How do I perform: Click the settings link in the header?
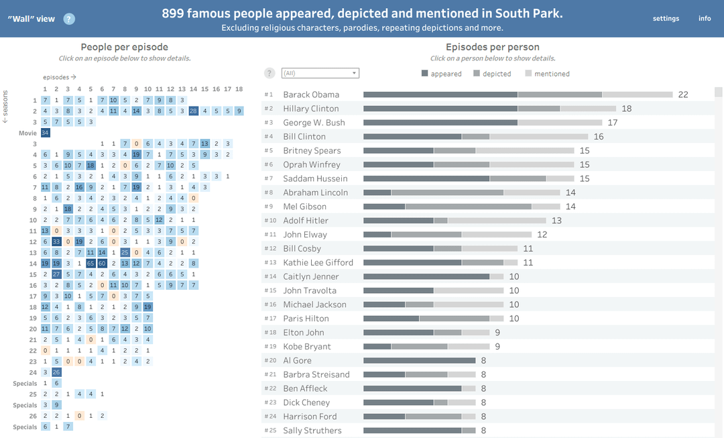(x=666, y=19)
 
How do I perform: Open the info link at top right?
(x=705, y=19)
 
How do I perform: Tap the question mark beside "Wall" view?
(x=69, y=19)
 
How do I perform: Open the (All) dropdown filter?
(x=320, y=73)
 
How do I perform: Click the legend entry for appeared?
(x=441, y=74)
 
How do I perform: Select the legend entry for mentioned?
(x=547, y=74)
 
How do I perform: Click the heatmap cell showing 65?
(x=90, y=264)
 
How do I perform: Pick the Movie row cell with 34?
(x=46, y=133)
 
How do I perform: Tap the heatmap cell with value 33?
(x=56, y=241)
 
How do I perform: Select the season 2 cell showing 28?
(x=194, y=111)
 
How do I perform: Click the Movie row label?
(x=27, y=133)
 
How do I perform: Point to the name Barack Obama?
(x=311, y=95)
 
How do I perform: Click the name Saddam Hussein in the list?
(x=315, y=178)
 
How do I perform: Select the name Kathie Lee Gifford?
(x=318, y=262)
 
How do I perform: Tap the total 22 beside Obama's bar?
(x=683, y=95)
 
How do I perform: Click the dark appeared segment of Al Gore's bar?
(x=419, y=360)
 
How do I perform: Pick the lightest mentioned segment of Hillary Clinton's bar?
(x=589, y=109)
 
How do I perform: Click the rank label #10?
(x=271, y=221)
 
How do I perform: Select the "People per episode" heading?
(x=124, y=47)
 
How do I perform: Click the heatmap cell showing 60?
(x=102, y=264)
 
